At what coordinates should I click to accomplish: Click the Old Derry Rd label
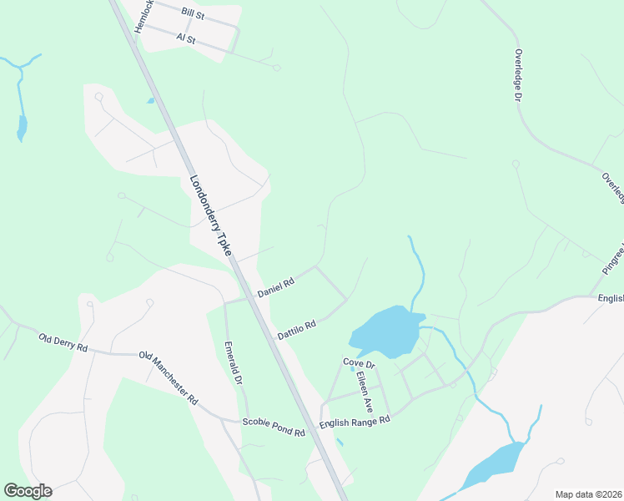point(63,342)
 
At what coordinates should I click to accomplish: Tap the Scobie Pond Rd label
point(274,428)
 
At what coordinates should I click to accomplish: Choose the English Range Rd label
point(355,423)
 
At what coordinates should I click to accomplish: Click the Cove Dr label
point(359,363)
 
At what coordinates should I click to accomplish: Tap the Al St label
point(185,38)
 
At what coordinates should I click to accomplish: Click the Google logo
point(28,491)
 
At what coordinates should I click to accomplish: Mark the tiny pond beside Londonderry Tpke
point(150,101)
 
